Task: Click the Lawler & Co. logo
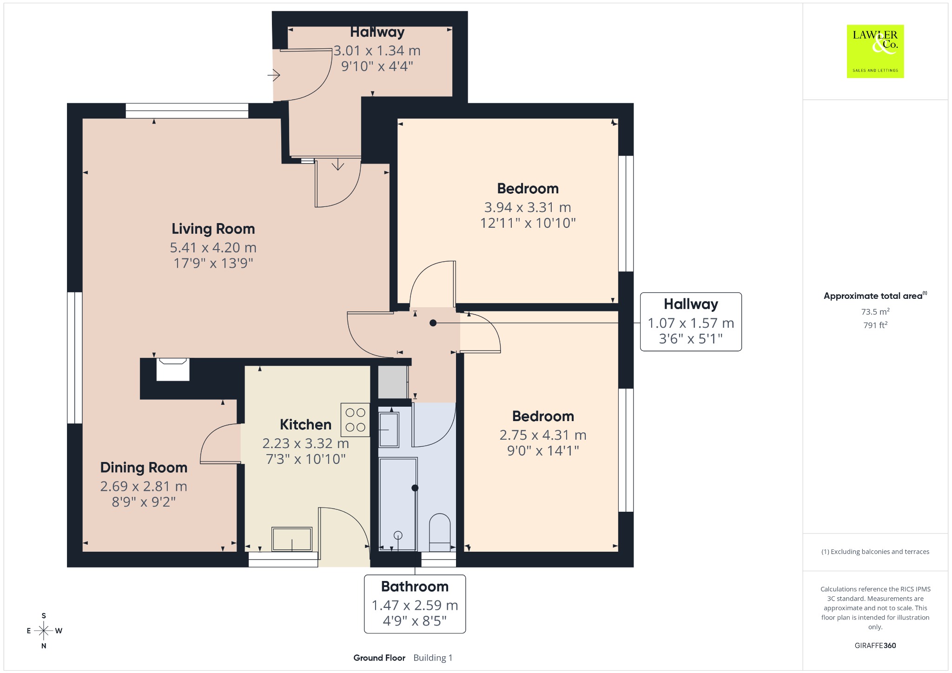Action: (875, 51)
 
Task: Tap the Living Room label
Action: (213, 229)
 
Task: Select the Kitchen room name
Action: (305, 424)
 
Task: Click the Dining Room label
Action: (144, 468)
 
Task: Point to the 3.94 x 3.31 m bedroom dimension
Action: (528, 207)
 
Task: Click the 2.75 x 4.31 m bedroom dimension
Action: (543, 435)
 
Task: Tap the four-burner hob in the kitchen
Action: (355, 420)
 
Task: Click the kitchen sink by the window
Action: (292, 539)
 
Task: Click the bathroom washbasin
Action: (389, 430)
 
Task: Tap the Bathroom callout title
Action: (415, 587)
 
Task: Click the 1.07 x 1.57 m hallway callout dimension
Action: (691, 323)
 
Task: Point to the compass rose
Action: (44, 631)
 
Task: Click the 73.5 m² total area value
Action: (875, 311)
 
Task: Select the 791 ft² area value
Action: (875, 325)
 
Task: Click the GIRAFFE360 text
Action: (875, 645)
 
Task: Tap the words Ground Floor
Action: (379, 658)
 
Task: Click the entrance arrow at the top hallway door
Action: (274, 74)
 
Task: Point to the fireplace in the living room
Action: (173, 369)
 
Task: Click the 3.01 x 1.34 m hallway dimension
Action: (377, 51)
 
